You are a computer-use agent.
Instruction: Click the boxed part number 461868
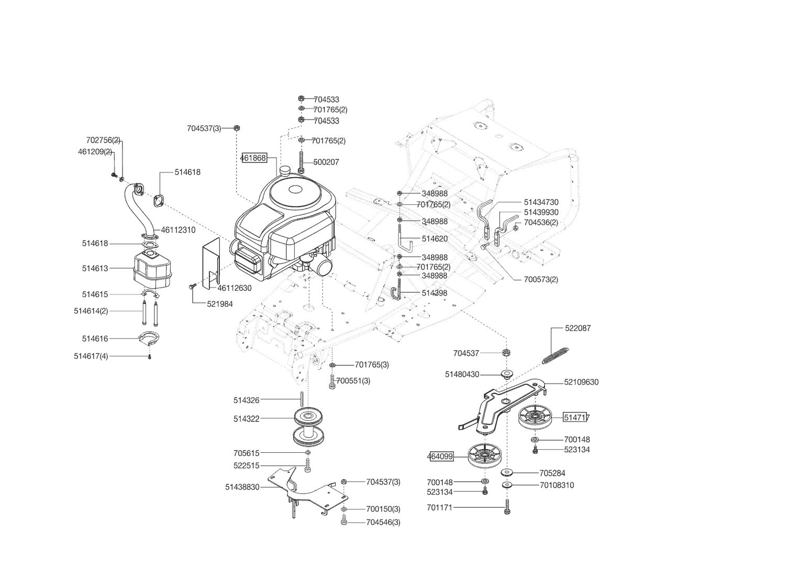253,158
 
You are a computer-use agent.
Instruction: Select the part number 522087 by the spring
577,329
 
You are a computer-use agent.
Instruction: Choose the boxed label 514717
576,418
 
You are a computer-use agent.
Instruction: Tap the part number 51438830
242,487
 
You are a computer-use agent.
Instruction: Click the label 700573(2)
541,280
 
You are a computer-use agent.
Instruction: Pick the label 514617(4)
91,356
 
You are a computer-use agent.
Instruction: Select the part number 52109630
581,383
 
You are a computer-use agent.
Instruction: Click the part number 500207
326,162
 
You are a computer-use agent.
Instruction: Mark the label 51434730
541,202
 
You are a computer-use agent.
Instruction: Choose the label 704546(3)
383,523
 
